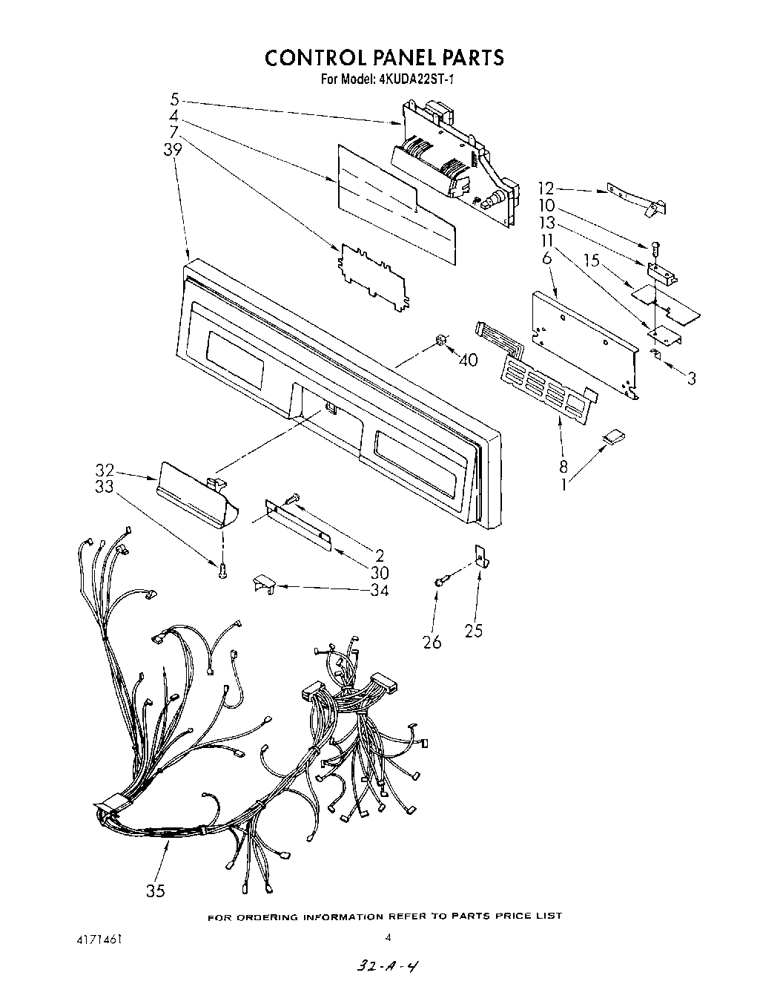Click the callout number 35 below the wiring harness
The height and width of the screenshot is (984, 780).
[x=155, y=891]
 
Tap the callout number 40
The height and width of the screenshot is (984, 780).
[x=468, y=360]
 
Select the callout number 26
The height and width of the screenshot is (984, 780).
[x=432, y=642]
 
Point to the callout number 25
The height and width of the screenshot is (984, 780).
[x=473, y=630]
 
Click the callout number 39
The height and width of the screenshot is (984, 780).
[x=173, y=148]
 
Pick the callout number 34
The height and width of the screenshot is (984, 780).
[x=379, y=590]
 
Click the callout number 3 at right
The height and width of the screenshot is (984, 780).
[x=691, y=378]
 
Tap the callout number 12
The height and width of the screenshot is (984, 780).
[x=546, y=189]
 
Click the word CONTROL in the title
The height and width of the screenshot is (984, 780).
[x=317, y=57]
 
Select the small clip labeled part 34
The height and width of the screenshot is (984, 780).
[x=263, y=584]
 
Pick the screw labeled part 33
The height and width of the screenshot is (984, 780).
[x=222, y=570]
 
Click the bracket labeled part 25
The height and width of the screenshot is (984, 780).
[x=480, y=556]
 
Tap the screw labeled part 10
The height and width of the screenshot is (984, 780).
[x=655, y=248]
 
